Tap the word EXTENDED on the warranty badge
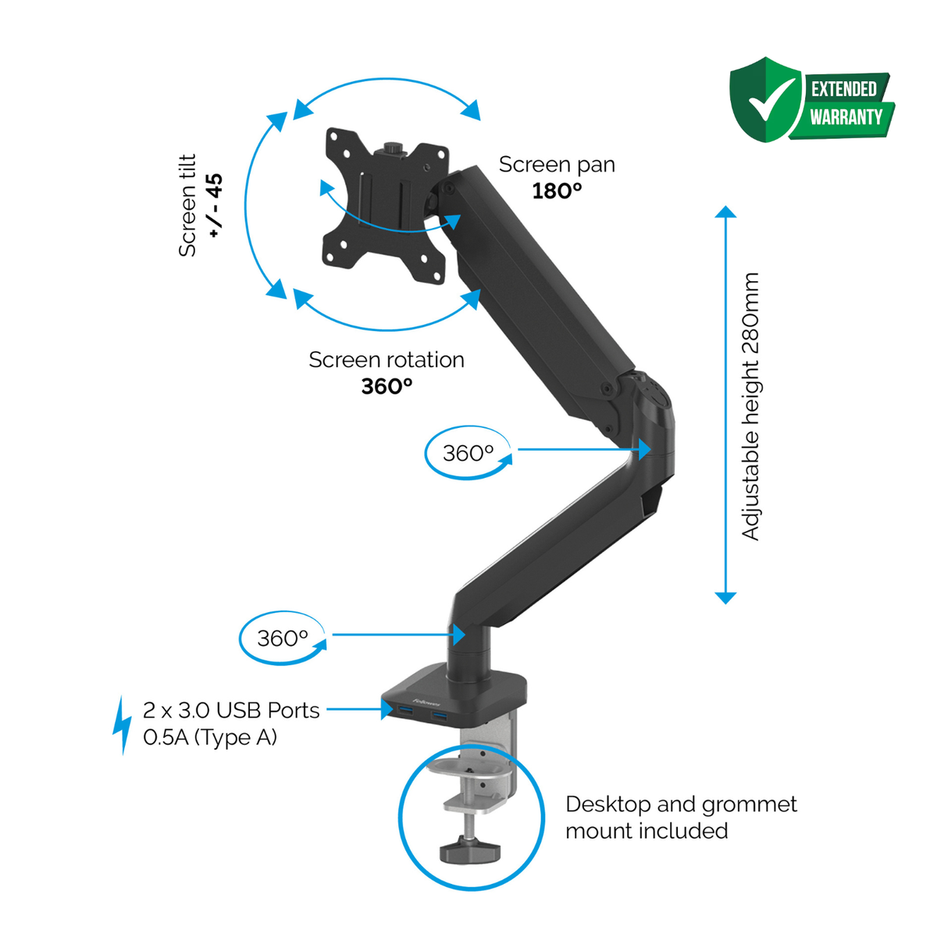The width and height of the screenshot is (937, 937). pos(844,90)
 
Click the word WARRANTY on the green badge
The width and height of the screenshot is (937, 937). pos(846,117)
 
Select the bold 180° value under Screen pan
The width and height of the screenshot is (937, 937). pos(557,191)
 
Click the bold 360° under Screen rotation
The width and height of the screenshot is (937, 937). pos(387,387)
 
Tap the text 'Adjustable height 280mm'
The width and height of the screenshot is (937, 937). pos(750,407)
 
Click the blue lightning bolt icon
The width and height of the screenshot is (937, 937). pos(122,725)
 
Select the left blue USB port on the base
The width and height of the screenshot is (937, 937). pos(405,713)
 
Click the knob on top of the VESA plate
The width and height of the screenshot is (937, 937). pos(393,148)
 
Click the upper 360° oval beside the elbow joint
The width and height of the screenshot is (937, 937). pos(468,453)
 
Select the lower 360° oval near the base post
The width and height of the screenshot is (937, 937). pos(283,638)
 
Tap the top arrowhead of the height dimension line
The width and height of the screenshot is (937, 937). pos(725,212)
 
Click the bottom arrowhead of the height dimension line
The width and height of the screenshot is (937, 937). pos(725,598)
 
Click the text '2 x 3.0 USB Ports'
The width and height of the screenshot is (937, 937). pos(231,711)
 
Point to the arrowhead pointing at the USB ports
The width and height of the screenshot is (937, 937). pos(387,708)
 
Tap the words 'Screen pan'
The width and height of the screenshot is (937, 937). pos(558,166)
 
